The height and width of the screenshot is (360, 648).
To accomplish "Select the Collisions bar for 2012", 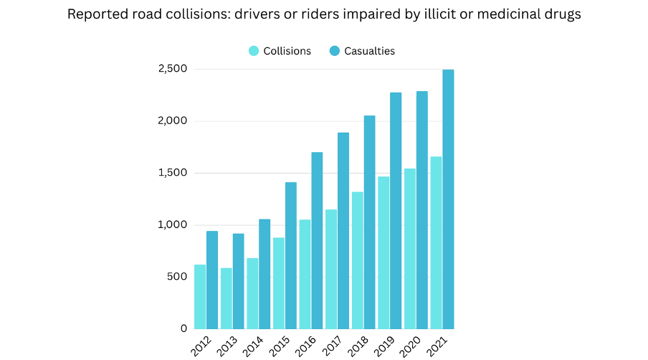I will point(200,297).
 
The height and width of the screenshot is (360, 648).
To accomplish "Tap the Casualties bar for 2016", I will point(317,240).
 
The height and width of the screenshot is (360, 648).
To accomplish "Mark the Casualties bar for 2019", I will point(396,211).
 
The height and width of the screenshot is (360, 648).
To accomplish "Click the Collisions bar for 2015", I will point(279,283).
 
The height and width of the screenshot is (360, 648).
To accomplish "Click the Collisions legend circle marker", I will point(254,51).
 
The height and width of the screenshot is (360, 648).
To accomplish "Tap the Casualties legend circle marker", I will point(335,51).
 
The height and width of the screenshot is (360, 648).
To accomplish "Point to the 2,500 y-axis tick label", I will point(173,69).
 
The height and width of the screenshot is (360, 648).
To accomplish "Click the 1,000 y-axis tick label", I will point(173,224).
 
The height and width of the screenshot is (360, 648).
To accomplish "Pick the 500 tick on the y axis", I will point(177,277).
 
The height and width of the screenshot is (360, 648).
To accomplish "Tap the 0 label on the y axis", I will point(184,328).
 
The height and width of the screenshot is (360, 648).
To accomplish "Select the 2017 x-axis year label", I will point(332,344).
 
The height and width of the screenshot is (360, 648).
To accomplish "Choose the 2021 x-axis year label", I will point(437,344).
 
